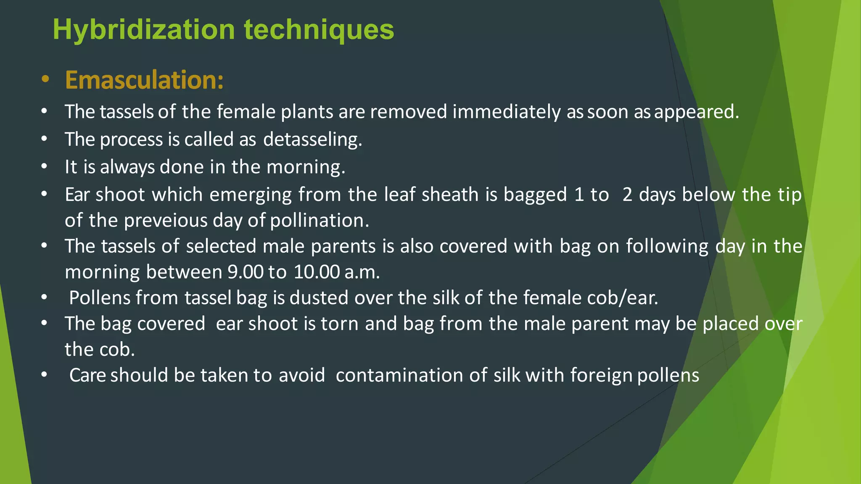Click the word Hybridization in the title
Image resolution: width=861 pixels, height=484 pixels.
tap(143, 30)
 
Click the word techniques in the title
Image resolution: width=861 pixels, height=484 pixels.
tap(319, 30)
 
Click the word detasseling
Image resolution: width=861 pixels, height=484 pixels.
tap(312, 139)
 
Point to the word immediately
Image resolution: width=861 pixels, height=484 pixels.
tap(506, 112)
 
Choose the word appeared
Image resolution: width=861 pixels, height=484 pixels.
tap(696, 112)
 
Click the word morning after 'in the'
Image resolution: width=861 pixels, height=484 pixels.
tap(306, 167)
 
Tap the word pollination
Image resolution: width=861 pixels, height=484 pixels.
tap(319, 221)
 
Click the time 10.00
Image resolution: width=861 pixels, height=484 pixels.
tap(316, 272)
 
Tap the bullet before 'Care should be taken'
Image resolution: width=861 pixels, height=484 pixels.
tap(45, 374)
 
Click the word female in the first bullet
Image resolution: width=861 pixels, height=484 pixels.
tap(246, 112)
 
